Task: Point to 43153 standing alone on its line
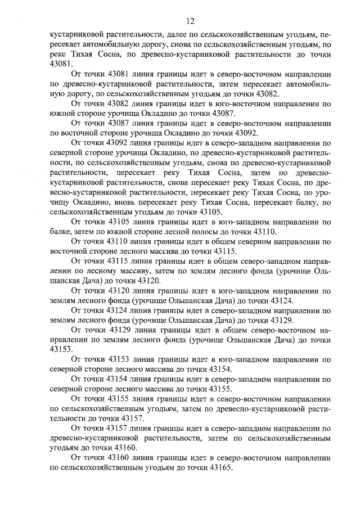coord(61,349)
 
